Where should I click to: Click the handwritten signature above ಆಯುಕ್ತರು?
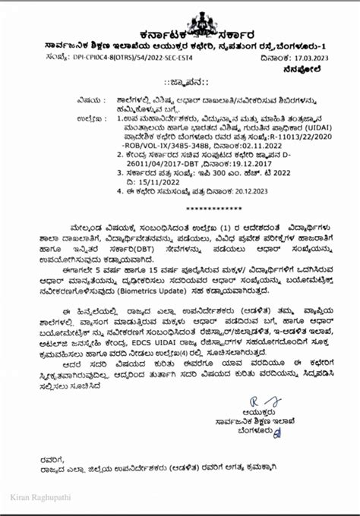pos(255,401)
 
